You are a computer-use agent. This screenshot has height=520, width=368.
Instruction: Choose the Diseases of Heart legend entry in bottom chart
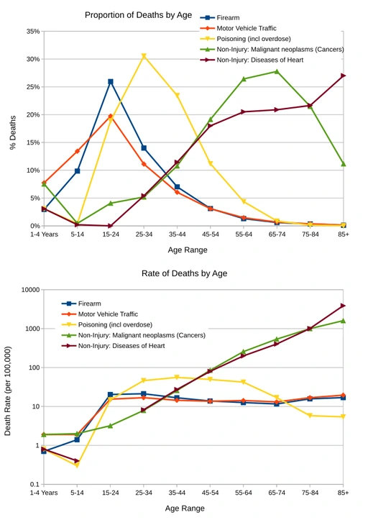pyautogui.click(x=121, y=346)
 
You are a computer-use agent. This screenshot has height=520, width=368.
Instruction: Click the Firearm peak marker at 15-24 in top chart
pyautogui.click(x=111, y=82)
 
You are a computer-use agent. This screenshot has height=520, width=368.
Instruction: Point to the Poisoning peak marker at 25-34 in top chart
pyautogui.click(x=144, y=56)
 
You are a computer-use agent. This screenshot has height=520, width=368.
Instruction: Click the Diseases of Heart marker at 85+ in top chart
pyautogui.click(x=344, y=76)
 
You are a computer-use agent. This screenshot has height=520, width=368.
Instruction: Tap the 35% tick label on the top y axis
pyautogui.click(x=32, y=32)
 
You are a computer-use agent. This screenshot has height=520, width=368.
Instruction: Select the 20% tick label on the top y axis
pyautogui.click(x=32, y=115)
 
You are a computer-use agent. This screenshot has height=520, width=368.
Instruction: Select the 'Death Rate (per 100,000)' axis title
pyautogui.click(x=9, y=391)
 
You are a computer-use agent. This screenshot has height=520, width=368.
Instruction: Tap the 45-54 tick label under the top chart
pyautogui.click(x=210, y=234)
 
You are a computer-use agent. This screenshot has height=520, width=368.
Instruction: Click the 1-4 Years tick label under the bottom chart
pyautogui.click(x=44, y=493)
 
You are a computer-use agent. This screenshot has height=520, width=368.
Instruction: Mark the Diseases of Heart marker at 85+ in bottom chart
pyautogui.click(x=344, y=306)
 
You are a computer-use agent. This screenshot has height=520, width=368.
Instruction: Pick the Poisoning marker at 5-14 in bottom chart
pyautogui.click(x=77, y=465)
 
